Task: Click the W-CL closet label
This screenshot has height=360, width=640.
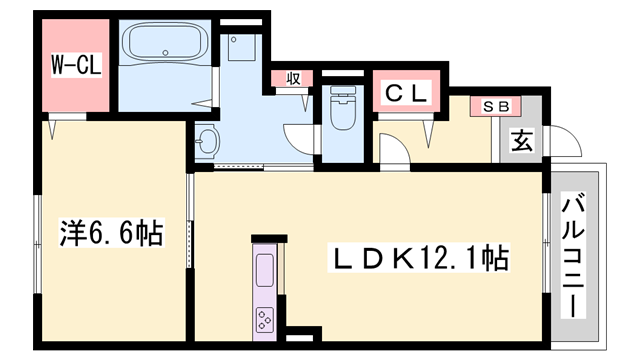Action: coord(76,65)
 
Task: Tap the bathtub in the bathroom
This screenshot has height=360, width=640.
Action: coord(165,41)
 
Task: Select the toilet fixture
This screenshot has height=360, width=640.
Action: coord(342,107)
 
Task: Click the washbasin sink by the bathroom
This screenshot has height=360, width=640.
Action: coord(208,141)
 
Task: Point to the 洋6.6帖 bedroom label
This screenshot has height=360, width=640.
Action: coord(112,233)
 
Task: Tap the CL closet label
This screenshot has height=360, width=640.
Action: coord(407,93)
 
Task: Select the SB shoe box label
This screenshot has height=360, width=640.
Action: coord(495,107)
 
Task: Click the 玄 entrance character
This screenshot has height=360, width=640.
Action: coord(522,141)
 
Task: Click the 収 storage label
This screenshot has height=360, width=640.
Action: coord(293,78)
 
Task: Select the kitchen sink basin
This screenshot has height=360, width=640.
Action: coord(264,270)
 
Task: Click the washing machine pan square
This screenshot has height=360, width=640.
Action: coord(242,47)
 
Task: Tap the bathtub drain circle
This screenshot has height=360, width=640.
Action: coord(165,53)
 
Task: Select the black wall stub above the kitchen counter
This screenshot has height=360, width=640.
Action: coord(269,239)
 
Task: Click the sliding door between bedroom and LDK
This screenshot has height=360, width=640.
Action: coord(189,220)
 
